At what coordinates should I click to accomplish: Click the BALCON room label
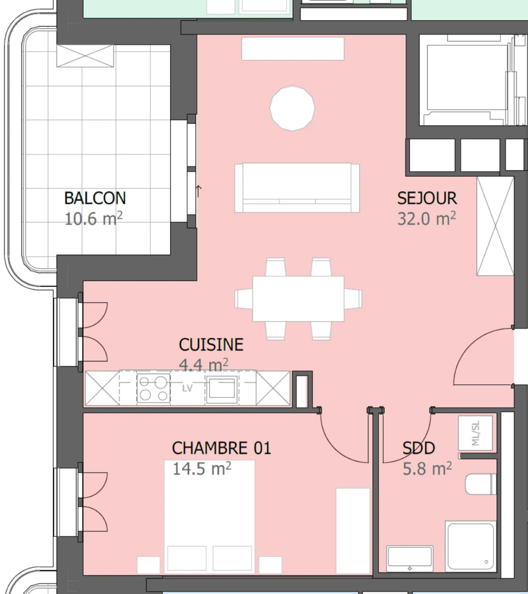(x=95, y=198)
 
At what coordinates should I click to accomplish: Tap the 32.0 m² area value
(x=426, y=219)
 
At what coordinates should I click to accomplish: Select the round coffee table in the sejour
(x=292, y=108)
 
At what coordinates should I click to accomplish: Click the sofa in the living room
(x=297, y=188)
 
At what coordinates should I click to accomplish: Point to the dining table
(x=298, y=298)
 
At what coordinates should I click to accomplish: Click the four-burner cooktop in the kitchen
(x=153, y=388)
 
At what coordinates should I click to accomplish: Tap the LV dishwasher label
(x=187, y=388)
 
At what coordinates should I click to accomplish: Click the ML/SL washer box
(x=475, y=433)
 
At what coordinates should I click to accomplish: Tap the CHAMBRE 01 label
(x=221, y=448)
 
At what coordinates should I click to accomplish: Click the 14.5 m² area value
(x=202, y=469)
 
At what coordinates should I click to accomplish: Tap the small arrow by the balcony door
(x=198, y=191)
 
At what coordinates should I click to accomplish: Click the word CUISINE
(x=211, y=345)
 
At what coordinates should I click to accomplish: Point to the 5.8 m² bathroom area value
(x=427, y=469)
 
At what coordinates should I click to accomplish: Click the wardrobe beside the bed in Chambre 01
(x=353, y=530)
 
